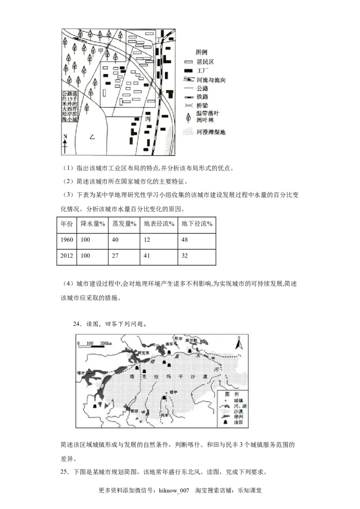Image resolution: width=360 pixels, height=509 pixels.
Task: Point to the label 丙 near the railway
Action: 147,119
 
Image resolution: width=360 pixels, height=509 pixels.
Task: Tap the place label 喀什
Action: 81,373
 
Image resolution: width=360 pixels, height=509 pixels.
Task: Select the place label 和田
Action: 134,410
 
